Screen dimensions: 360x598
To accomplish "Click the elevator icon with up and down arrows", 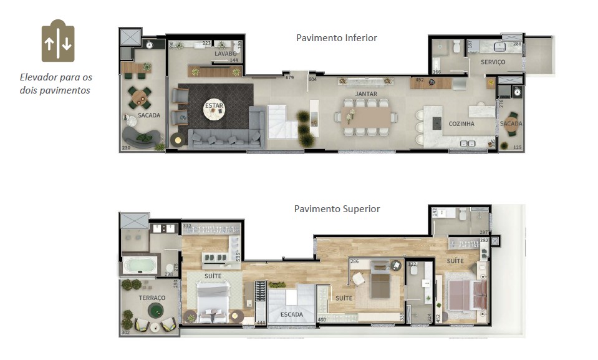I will pos(58,43).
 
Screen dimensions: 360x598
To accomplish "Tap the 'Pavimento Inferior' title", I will pos(336,38).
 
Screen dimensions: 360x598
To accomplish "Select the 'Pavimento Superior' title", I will pos(337,209).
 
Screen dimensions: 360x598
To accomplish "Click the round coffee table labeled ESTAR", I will pos(214,107).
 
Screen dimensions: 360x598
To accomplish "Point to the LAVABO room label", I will pos(225,54).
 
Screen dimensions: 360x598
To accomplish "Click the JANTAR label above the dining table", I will pos(366,94).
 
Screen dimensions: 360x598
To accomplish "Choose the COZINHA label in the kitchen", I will pos(461,124).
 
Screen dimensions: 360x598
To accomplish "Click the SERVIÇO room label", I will pos(493,62).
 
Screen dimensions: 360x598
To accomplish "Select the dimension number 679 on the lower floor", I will pos(289,78).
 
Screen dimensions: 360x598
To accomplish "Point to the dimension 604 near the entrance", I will pos(312,79).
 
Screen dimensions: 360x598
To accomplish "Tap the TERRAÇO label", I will pos(152,298).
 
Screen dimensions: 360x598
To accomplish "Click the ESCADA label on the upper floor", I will pos(291,315).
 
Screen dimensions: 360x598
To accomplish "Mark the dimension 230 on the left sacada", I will pos(127,148).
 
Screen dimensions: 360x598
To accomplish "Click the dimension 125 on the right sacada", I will pos(517,148).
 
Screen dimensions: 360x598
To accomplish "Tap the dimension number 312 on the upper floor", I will pos(187,226).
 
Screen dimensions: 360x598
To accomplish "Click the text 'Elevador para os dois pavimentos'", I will pos(56,84).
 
